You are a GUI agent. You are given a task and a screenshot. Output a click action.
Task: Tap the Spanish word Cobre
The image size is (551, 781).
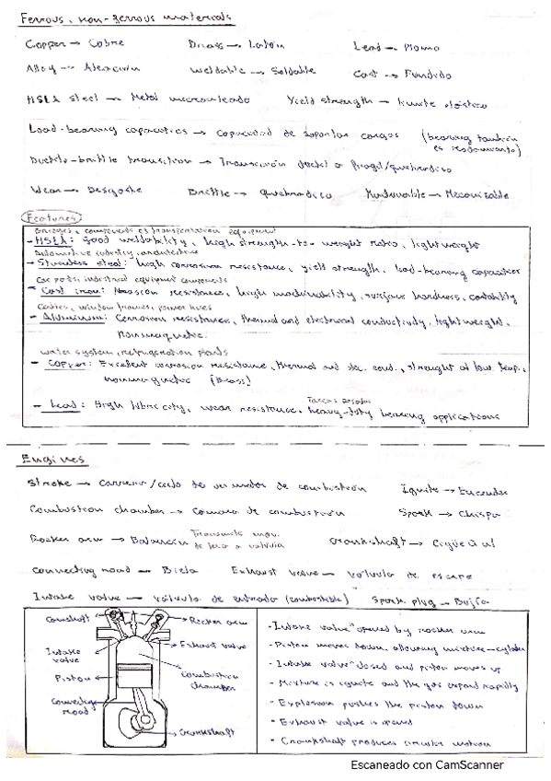(x=109, y=43)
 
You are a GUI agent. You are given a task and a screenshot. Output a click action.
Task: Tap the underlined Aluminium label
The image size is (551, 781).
(x=60, y=316)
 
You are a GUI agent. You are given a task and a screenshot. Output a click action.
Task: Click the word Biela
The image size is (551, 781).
(x=174, y=569)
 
